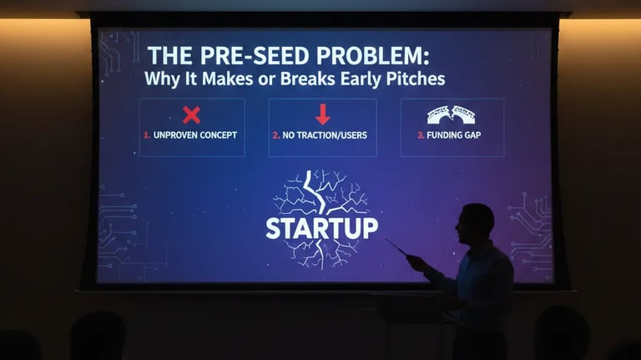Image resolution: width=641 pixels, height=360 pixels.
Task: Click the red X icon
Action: click(x=191, y=114)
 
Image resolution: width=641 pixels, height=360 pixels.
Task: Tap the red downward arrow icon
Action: click(x=322, y=114)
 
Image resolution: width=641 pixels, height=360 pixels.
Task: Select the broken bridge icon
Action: click(x=451, y=114)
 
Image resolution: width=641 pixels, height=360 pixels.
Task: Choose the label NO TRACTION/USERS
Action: click(x=326, y=134)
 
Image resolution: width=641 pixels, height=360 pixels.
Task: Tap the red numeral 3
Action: click(x=421, y=134)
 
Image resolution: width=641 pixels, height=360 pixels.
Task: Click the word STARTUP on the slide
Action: click(x=321, y=227)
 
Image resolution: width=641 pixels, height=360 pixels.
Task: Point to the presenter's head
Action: click(x=477, y=223)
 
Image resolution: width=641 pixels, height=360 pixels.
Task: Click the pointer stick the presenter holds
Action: click(x=396, y=247)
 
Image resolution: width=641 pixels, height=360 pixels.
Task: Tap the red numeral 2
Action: click(x=275, y=134)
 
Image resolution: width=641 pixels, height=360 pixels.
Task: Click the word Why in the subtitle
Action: click(x=159, y=80)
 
